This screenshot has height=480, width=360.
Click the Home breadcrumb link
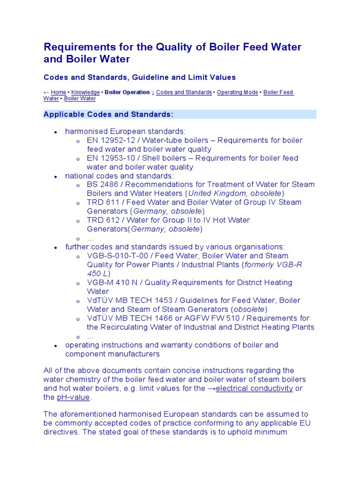coord(58,92)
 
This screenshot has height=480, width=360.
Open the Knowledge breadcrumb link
coord(85,92)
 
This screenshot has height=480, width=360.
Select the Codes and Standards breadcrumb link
coord(184,92)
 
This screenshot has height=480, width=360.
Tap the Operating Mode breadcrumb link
coord(237,92)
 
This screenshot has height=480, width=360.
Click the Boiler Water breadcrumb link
coord(80,99)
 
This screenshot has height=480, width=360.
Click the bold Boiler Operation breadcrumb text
coord(127,92)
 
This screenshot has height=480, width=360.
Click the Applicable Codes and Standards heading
coord(108,114)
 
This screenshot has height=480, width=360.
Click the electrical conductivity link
coord(255,388)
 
